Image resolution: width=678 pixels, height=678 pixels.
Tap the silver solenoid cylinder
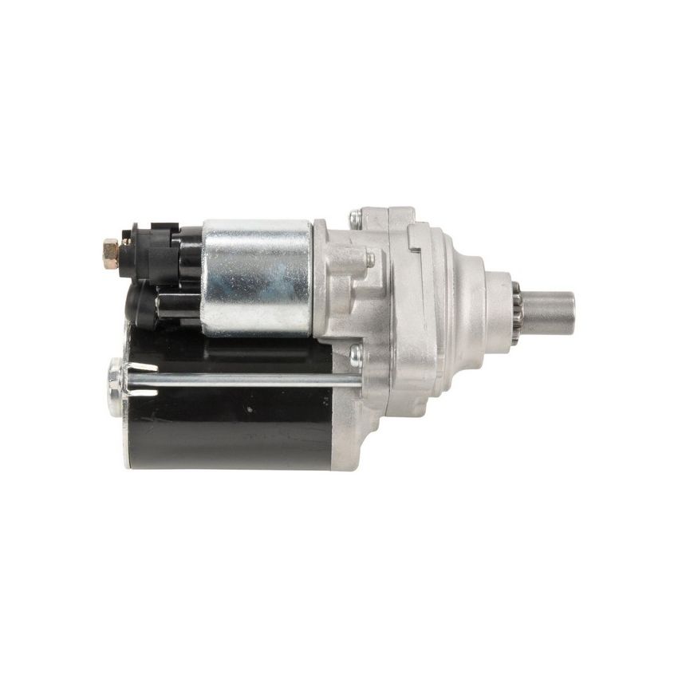click(257, 275)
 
